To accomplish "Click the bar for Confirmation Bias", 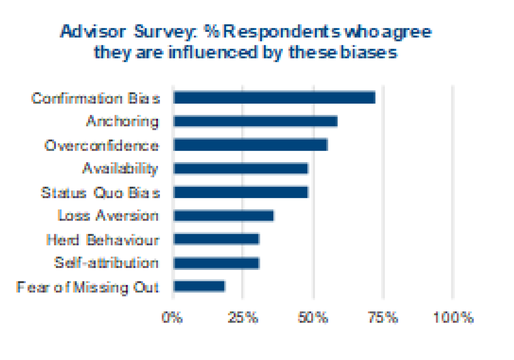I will [x=274, y=98].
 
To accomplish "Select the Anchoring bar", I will [x=256, y=121].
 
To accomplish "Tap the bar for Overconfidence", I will [x=251, y=145].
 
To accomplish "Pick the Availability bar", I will [x=241, y=168].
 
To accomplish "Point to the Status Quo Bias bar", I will [x=241, y=192].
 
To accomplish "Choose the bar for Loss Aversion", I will [x=224, y=216].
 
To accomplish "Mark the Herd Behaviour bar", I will [x=217, y=239].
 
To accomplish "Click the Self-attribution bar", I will [x=217, y=263].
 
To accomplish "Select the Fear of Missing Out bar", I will [x=199, y=287].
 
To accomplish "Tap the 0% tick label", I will [x=172, y=318].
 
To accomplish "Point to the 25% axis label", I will [x=243, y=318].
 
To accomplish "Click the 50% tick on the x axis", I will [x=313, y=318].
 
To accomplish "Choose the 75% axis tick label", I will [x=383, y=318].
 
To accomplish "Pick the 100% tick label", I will [x=454, y=318].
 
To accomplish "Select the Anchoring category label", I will [x=122, y=121].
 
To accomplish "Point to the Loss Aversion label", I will [x=108, y=216].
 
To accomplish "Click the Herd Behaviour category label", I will [x=103, y=240].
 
